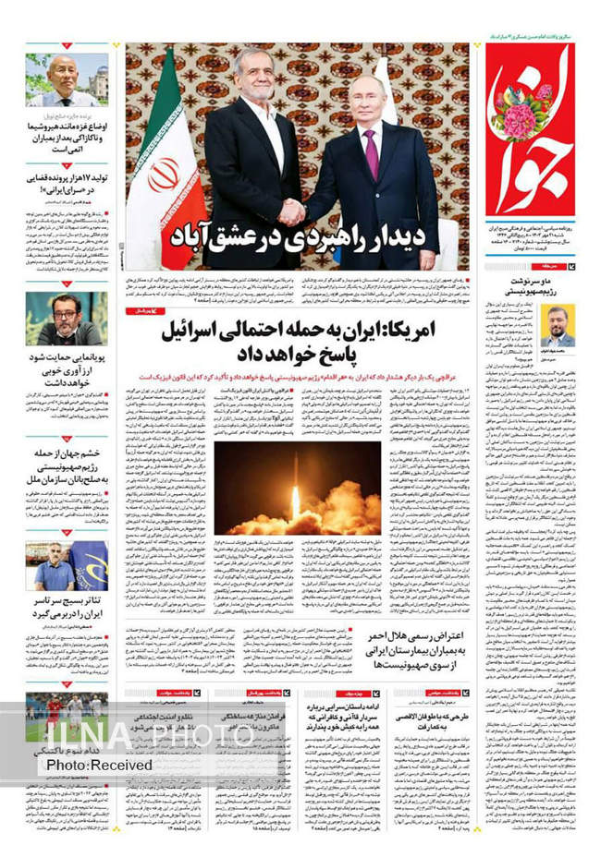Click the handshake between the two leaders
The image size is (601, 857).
(x=292, y=212)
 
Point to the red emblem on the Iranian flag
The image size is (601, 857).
(x=164, y=175)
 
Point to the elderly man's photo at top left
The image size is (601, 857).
(x=67, y=79)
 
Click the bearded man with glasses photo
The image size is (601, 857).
(x=67, y=319)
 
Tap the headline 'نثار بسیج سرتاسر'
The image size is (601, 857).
(x=67, y=607)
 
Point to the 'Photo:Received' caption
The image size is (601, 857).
(x=99, y=766)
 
